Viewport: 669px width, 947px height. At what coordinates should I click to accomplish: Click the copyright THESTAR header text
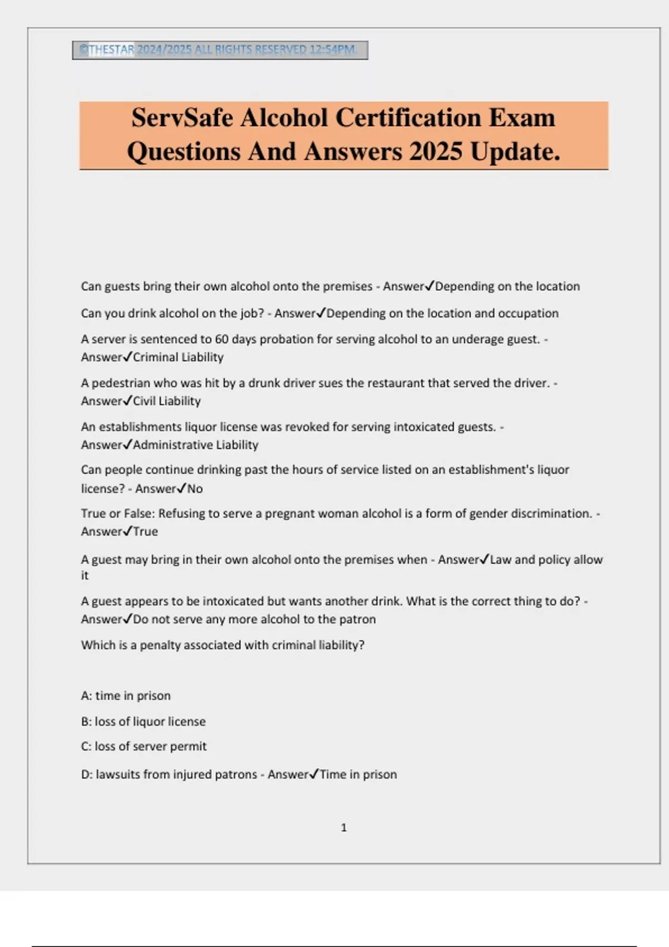[x=107, y=50]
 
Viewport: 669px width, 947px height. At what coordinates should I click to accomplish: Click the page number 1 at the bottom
[x=343, y=828]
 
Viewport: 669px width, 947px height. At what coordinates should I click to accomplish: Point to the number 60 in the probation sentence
[x=222, y=339]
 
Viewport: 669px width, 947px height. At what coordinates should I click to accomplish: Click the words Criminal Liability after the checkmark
[x=178, y=357]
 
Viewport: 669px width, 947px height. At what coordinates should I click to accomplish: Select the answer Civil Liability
[x=167, y=401]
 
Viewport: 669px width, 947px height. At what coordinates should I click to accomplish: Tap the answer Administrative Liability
[x=196, y=445]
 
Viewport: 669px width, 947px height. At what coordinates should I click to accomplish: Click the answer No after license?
[x=195, y=489]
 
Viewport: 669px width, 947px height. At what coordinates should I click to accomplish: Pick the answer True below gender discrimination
[x=146, y=531]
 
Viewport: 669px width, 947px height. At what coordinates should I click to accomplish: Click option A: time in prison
[x=126, y=696]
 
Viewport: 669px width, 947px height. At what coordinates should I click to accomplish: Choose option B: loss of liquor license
[x=143, y=721]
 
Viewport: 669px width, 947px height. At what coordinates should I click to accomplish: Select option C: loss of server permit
[x=144, y=746]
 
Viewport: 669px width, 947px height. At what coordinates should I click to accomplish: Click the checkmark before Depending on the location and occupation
[x=321, y=313]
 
